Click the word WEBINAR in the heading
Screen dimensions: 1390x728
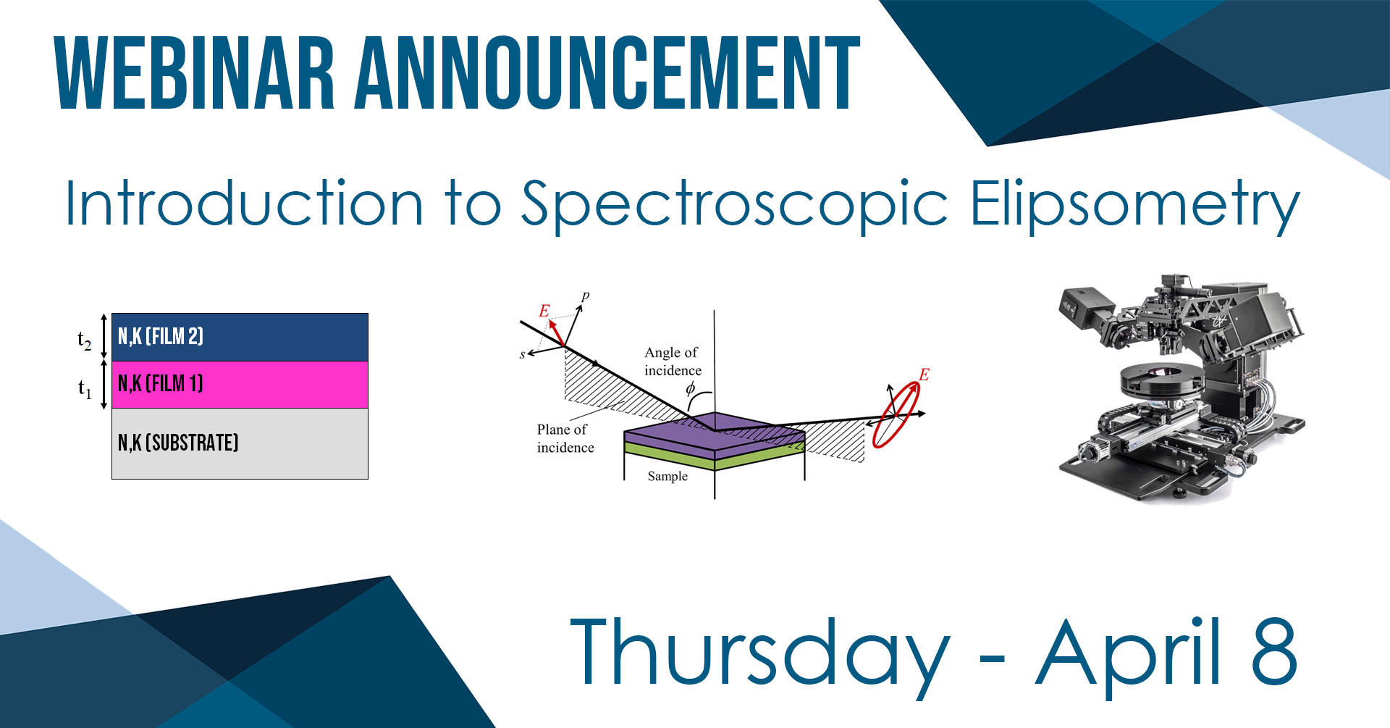195,73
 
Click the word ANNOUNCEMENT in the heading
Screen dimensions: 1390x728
607,73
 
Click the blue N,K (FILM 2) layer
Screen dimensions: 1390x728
240,337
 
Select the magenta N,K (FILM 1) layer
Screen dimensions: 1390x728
240,385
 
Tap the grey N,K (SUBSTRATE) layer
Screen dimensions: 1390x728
240,443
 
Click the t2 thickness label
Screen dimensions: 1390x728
85,340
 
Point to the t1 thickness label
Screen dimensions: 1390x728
85,389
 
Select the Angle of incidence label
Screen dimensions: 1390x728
673,361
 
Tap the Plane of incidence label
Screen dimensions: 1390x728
565,438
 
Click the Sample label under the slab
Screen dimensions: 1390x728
667,476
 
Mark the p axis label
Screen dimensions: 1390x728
585,296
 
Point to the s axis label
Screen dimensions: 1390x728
522,354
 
